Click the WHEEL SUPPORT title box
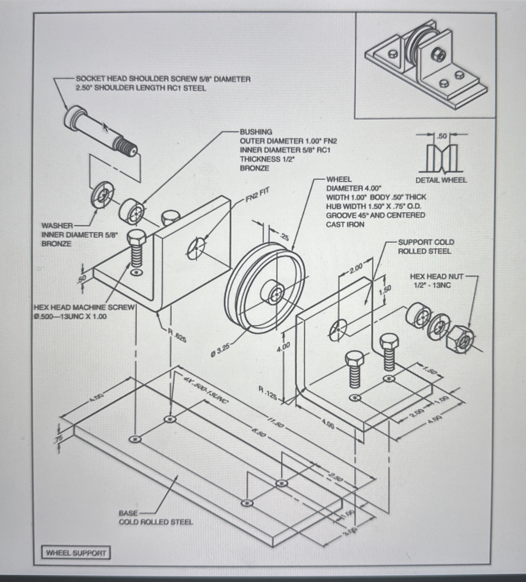[x=76, y=553]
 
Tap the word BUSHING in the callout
[x=256, y=132]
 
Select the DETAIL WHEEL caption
[x=441, y=180]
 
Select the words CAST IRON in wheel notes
[x=345, y=224]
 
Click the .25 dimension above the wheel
[x=284, y=237]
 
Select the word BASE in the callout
[x=128, y=513]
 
